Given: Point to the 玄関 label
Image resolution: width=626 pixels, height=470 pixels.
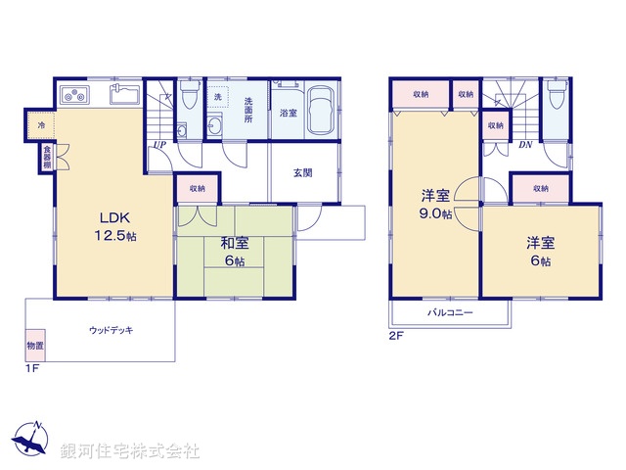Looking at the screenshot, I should [302, 173].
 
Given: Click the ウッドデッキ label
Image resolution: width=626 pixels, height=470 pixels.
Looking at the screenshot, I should [111, 330].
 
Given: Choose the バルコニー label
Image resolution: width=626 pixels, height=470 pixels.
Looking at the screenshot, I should [449, 312].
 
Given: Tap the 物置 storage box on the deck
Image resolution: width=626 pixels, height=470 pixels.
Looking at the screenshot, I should [34, 346].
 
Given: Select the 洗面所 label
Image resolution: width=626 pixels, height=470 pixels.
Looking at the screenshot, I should [249, 103].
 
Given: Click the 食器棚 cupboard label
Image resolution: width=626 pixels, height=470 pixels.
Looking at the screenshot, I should [46, 157].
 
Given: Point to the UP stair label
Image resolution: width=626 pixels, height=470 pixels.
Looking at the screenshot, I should [157, 147].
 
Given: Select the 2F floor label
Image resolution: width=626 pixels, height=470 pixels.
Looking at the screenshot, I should [396, 336].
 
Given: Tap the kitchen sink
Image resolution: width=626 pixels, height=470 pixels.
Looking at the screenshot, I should [124, 95].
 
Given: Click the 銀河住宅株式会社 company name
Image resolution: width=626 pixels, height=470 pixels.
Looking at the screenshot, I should [130, 451].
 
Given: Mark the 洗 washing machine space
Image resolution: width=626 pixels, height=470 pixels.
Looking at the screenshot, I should [218, 98].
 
